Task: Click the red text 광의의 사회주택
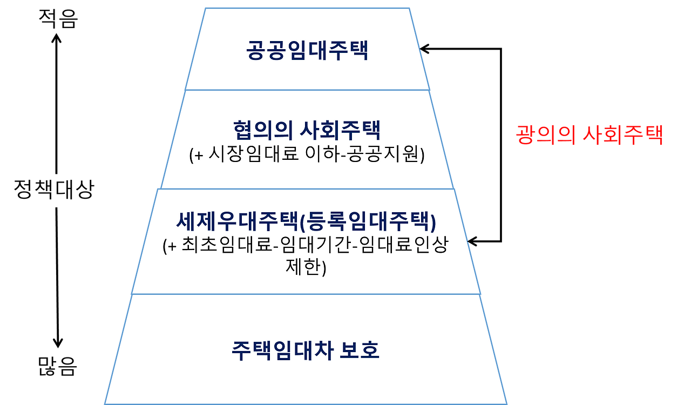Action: [589, 136]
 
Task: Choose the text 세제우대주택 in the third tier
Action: [237, 221]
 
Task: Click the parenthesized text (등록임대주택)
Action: [368, 221]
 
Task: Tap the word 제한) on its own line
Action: [306, 266]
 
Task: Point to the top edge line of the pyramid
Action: [307, 8]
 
